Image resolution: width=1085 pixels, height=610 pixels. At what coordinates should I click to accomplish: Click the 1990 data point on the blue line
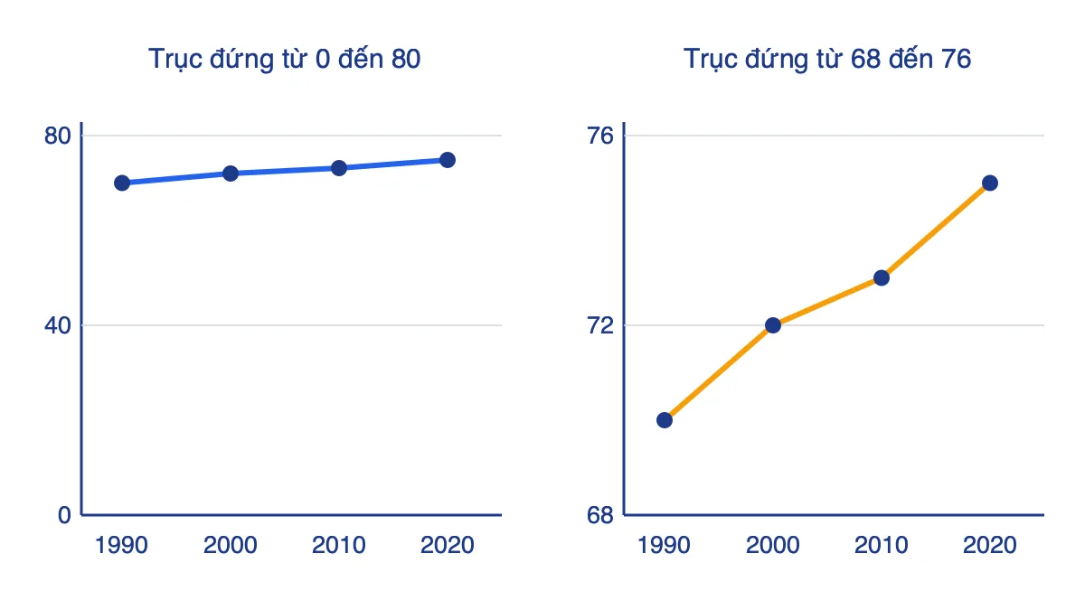pos(122,183)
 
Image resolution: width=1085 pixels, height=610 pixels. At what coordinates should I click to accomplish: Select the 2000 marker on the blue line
pos(231,174)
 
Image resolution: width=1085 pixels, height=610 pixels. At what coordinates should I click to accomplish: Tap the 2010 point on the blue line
pos(339,168)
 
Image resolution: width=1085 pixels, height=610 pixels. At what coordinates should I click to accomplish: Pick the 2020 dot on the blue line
pos(448,160)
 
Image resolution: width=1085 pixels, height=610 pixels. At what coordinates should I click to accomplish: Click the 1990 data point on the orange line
pos(665,420)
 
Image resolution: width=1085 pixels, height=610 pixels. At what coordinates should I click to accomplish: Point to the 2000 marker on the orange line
pos(773,325)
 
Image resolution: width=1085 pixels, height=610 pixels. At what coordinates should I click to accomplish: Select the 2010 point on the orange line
pos(882,278)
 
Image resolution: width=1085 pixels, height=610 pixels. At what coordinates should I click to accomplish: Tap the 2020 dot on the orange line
pos(990,183)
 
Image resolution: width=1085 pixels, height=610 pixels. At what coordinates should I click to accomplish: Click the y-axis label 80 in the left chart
pos(58,136)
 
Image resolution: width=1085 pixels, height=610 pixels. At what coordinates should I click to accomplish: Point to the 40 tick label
pos(58,326)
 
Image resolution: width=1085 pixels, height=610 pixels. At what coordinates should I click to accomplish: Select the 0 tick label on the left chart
pos(64,516)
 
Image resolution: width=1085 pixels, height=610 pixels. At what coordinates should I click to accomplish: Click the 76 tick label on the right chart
pos(600,136)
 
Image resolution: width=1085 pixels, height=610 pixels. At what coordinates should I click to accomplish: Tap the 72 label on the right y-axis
pos(600,326)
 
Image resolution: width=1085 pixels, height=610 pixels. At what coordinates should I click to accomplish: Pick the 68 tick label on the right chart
pos(600,516)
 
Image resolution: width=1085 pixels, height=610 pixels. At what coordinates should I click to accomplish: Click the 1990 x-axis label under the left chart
pos(121,546)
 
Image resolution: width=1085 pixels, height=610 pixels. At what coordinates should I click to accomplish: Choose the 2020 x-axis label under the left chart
pos(447,546)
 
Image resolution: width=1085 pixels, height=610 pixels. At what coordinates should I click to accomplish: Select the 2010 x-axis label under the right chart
pos(881,546)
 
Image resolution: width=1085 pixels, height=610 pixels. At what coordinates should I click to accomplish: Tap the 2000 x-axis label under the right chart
pos(772,546)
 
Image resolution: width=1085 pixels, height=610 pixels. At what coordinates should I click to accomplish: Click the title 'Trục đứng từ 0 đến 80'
pos(284,60)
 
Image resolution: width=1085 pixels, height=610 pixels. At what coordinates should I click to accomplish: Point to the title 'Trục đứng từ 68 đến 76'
pos(827,60)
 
